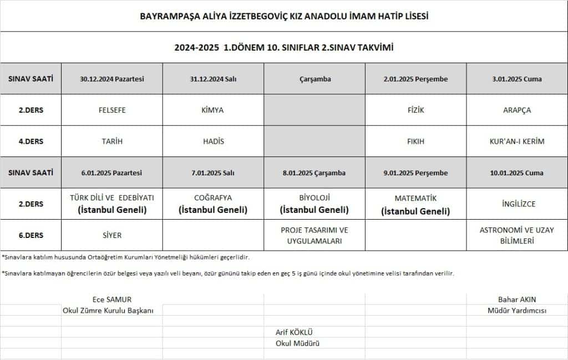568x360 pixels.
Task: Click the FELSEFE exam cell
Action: [x=111, y=110]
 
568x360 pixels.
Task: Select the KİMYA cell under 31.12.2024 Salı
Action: [x=213, y=110]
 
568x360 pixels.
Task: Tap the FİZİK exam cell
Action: [x=415, y=110]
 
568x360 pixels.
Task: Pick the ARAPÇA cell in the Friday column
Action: [x=517, y=110]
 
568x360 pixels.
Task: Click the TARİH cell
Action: [x=111, y=141]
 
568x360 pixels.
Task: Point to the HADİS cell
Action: [x=213, y=141]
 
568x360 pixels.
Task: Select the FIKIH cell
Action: [x=415, y=141]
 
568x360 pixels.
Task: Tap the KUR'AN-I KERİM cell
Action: [x=517, y=141]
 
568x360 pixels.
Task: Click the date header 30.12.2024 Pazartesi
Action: [x=111, y=79]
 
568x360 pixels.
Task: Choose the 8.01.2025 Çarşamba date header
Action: [x=314, y=173]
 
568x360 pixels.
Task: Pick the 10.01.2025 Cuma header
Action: [x=517, y=173]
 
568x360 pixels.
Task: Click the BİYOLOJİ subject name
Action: [x=314, y=197]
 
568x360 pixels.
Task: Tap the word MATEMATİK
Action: [x=415, y=198]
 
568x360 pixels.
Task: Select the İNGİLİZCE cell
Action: [x=517, y=204]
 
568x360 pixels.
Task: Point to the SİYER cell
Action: [x=111, y=235]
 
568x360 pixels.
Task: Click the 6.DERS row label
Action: [x=31, y=235]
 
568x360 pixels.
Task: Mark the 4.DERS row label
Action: [x=31, y=141]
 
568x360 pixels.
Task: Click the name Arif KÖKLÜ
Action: [x=298, y=332]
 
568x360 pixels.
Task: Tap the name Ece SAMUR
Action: [x=111, y=300]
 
